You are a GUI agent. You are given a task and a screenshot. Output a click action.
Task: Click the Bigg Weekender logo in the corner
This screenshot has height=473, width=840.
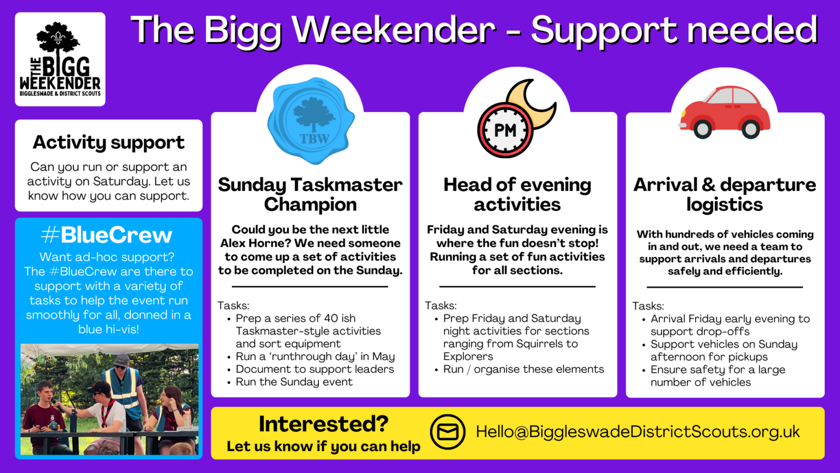click(60, 59)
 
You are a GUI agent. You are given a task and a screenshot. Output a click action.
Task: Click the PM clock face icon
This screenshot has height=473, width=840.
click(505, 130)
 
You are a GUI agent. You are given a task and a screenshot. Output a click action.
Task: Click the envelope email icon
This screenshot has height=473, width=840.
click(447, 432)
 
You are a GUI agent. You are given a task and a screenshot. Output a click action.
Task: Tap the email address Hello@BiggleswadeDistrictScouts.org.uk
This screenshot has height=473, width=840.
click(638, 431)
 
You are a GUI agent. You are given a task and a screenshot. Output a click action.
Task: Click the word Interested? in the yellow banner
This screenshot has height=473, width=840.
click(323, 424)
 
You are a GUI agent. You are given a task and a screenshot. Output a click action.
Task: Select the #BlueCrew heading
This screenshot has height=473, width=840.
click(107, 235)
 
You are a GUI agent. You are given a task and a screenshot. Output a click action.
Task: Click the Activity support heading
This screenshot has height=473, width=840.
click(108, 142)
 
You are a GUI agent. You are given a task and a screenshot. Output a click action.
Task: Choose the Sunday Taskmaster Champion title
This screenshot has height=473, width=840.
click(310, 194)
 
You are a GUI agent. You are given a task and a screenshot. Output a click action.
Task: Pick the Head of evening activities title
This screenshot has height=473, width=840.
click(517, 194)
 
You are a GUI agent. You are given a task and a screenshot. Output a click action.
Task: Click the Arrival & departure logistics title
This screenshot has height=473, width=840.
click(725, 194)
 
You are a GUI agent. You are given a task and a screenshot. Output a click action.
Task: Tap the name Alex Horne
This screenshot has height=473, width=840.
click(250, 243)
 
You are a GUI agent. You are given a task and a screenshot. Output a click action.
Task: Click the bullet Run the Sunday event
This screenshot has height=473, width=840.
click(294, 382)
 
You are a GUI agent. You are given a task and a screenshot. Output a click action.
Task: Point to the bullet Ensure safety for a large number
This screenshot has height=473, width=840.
click(717, 376)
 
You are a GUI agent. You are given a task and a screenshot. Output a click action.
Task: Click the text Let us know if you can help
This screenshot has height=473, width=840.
click(323, 447)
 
